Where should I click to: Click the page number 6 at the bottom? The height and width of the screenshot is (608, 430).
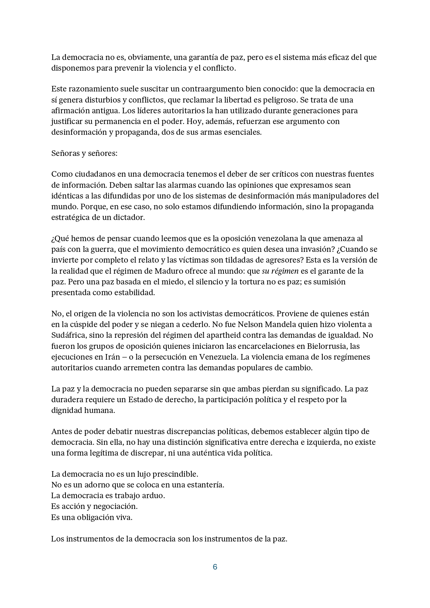click(x=215, y=567)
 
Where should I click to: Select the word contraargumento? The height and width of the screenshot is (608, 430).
click(x=211, y=89)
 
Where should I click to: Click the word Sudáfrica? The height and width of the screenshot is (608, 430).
click(x=68, y=335)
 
